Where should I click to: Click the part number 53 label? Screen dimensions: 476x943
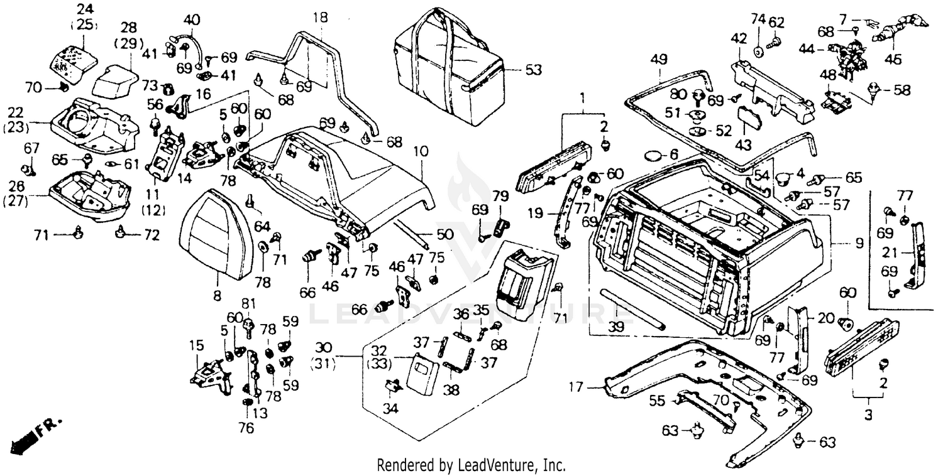[533, 70]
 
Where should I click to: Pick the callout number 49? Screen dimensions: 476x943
[658, 60]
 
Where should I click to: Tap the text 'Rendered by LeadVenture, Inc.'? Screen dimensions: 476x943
[471, 465]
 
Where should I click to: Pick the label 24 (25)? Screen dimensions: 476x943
[83, 17]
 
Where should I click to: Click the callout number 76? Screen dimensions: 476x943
[246, 428]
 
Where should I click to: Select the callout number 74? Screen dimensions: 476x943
[758, 19]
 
